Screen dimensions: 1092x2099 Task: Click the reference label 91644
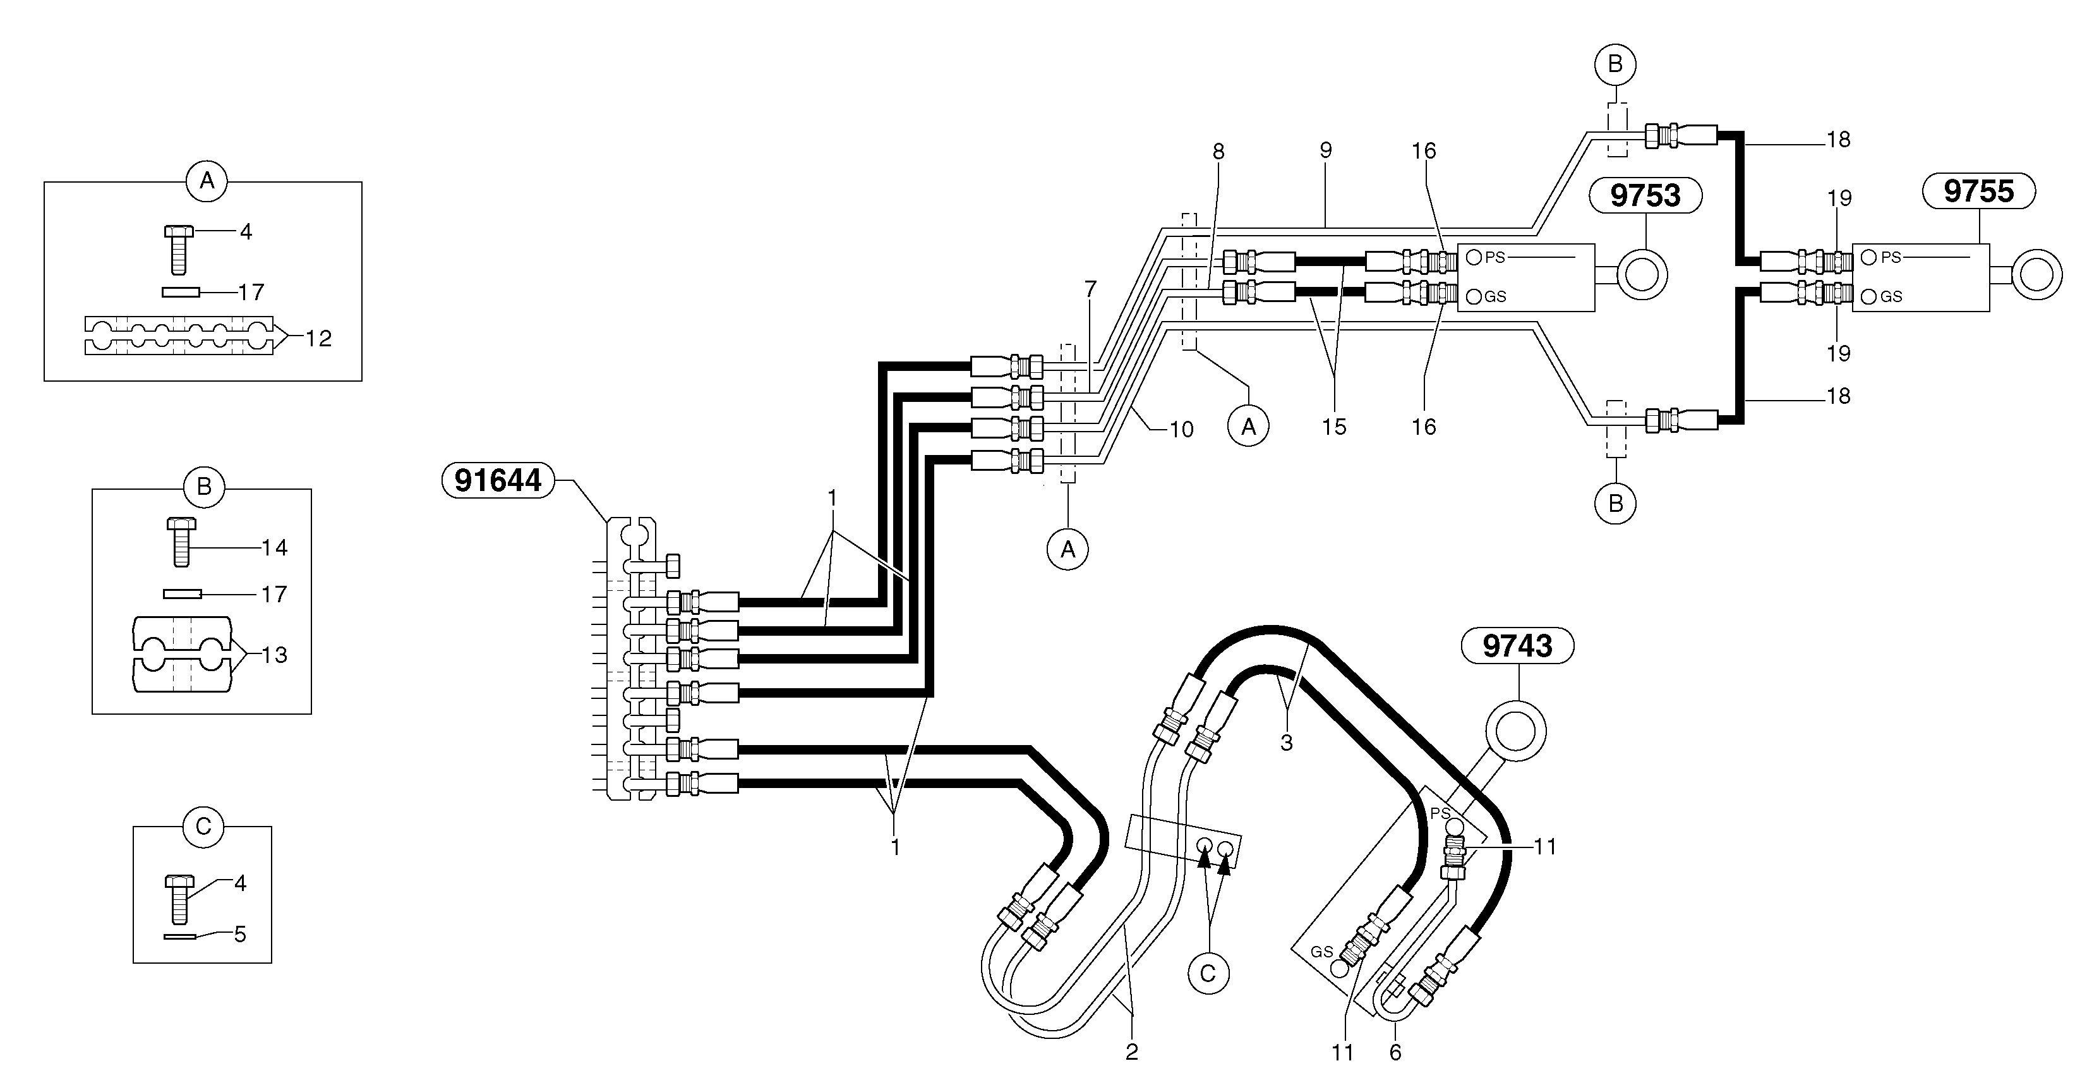point(498,480)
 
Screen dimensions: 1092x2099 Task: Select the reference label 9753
point(1645,195)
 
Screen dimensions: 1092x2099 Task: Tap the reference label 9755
point(1978,191)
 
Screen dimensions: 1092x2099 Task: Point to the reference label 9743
point(1517,645)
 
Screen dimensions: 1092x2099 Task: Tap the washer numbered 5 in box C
point(179,937)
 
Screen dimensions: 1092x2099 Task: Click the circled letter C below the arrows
point(1208,973)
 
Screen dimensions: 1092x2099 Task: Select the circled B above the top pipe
point(1615,64)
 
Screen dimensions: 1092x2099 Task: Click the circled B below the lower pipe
point(1615,504)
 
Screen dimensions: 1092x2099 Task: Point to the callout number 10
point(1181,430)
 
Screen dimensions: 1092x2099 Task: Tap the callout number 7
point(1090,289)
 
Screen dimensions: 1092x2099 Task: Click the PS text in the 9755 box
point(1891,257)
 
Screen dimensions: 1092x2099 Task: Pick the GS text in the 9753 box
point(1495,296)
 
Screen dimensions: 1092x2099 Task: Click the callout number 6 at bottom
point(1395,1053)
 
